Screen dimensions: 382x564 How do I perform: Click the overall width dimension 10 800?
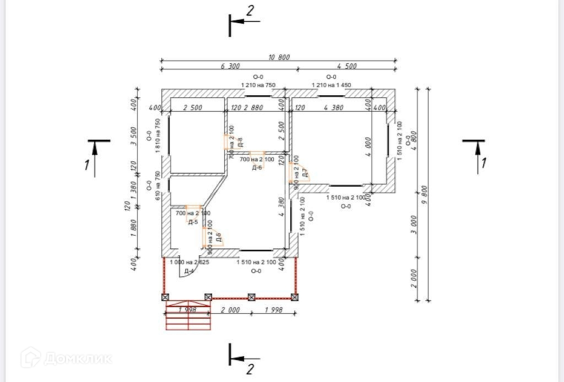click(279, 57)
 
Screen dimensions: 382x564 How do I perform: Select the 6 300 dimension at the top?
click(230, 66)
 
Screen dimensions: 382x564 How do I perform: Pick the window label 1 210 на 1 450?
click(331, 85)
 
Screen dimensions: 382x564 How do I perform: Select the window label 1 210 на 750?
click(258, 85)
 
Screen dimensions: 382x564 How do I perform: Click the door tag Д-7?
click(305, 175)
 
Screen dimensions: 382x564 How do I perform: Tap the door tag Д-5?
click(193, 222)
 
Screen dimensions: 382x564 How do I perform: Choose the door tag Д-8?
click(240, 143)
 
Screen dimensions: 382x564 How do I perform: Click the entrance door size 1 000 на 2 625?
click(189, 263)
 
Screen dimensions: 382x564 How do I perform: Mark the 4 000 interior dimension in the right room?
click(367, 148)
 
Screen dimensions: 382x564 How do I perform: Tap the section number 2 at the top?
click(250, 11)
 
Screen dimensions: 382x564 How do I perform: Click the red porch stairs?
click(188, 316)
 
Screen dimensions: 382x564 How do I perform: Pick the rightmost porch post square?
click(296, 297)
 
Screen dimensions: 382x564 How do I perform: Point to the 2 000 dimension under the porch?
click(230, 310)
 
